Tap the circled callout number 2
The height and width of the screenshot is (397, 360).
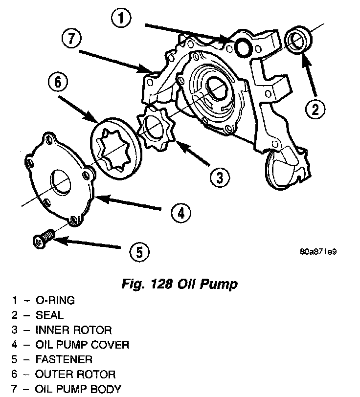[x=315, y=109]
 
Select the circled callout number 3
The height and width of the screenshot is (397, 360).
[x=220, y=176]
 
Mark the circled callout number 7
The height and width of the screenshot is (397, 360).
[x=72, y=38]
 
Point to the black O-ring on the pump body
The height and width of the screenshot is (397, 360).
[x=242, y=47]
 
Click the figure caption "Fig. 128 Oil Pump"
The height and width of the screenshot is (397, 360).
[x=179, y=284]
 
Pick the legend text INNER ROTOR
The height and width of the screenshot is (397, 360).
[x=74, y=330]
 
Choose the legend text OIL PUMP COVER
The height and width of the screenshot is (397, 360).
[x=83, y=345]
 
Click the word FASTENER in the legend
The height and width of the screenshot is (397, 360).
[x=64, y=360]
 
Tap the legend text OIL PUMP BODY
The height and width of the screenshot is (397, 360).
[x=78, y=390]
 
